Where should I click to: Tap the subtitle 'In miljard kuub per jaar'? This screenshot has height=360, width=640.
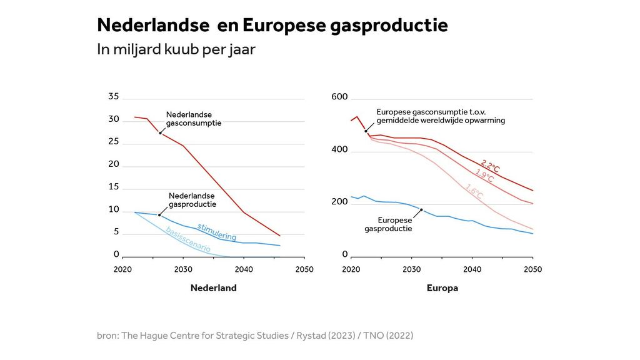click(176, 50)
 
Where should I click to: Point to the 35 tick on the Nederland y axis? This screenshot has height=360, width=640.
click(113, 96)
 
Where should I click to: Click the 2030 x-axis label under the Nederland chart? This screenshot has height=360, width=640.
click(183, 269)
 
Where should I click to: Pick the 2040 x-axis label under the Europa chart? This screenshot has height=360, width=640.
click(472, 269)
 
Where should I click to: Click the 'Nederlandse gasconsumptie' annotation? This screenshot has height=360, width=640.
click(193, 119)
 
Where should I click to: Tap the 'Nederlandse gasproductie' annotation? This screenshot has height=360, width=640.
click(192, 200)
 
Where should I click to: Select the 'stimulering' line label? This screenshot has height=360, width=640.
click(217, 231)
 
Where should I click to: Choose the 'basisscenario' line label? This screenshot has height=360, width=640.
click(187, 240)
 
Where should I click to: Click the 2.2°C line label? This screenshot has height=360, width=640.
click(490, 167)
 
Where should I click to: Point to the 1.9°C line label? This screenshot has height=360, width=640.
click(484, 176)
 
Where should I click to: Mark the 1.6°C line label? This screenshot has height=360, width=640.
click(474, 192)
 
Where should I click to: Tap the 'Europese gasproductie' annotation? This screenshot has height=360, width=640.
click(388, 224)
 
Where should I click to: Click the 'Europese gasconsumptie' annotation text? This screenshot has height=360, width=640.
click(440, 116)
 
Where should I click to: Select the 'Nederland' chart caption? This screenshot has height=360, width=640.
click(213, 288)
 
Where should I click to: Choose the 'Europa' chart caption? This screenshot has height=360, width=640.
click(442, 288)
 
